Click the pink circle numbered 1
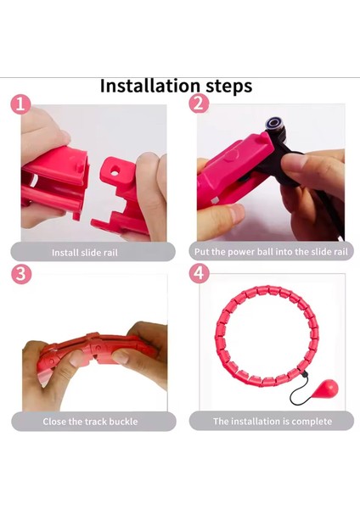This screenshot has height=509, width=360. click(20, 104)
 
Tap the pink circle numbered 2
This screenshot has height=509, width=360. click(198, 103)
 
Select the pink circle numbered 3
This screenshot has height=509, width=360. click(21, 274)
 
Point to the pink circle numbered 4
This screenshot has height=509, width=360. click(199, 273)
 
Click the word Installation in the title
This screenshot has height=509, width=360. click(149, 86)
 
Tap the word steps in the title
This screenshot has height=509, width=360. click(228, 87)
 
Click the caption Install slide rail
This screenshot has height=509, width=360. click(84, 253)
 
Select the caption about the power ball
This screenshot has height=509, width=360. click(271, 252)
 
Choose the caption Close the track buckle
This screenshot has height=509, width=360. click(90, 422)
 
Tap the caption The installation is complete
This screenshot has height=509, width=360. click(273, 422)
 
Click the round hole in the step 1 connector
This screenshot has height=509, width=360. click(115, 171)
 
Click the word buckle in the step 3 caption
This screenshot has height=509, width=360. click(123, 422)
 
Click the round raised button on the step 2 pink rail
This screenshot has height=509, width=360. click(231, 154)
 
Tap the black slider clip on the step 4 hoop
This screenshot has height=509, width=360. click(304, 375)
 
